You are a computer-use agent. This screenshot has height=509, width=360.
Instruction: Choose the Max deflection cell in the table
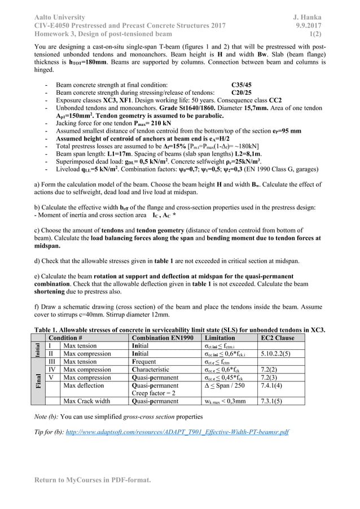85,385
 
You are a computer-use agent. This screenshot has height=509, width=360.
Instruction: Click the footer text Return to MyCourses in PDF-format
93,480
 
